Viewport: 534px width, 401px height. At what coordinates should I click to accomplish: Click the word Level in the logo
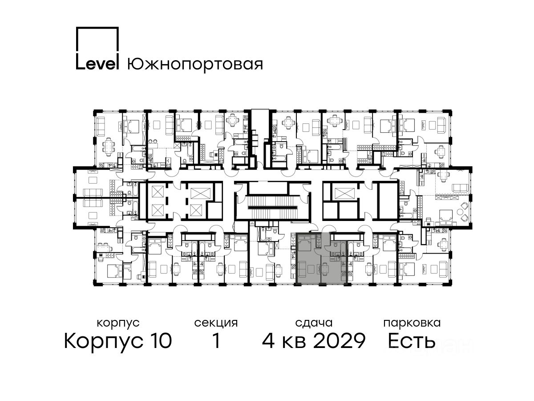click(97, 64)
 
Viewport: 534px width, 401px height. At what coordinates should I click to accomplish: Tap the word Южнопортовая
click(195, 65)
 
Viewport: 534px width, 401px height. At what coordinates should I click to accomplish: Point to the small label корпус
click(118, 323)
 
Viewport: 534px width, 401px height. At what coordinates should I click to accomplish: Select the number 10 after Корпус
click(159, 340)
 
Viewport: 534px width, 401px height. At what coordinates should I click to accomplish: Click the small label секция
click(216, 323)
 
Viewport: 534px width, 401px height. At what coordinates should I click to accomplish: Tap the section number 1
click(216, 340)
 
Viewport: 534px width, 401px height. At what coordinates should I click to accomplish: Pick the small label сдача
click(314, 323)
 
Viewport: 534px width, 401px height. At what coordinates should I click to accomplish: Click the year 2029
click(340, 340)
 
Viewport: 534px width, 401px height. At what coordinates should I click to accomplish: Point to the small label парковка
click(412, 323)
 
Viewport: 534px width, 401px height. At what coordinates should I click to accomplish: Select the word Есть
click(411, 340)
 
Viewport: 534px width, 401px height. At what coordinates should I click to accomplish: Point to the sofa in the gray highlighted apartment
click(302, 269)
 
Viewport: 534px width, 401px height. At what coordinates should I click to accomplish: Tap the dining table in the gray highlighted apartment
click(325, 269)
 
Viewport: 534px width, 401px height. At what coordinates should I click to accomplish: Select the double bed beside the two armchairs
click(445, 218)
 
